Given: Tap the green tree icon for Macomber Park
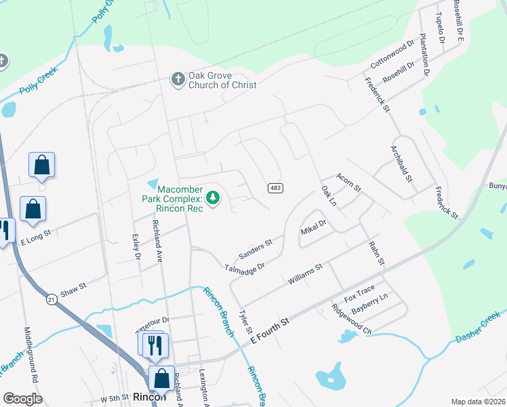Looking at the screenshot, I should coord(214,198).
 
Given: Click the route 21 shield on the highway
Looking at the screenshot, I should coord(52,298).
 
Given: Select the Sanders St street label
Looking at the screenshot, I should coord(256,249).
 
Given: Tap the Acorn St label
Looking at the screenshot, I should coord(349,181).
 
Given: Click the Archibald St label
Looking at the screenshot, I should coord(401,163).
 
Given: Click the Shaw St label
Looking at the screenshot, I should coord(73,287).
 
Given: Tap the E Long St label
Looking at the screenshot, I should coord(37,239).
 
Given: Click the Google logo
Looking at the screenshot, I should coord(22,399).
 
